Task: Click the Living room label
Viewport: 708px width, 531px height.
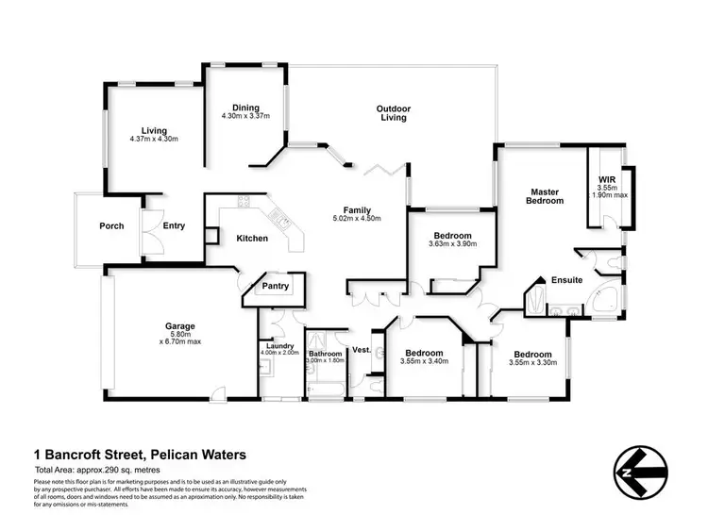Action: [x=154, y=130]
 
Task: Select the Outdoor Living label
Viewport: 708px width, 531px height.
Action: [x=394, y=112]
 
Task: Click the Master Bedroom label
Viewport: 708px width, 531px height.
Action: [x=545, y=195]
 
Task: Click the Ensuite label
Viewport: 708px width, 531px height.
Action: [x=567, y=280]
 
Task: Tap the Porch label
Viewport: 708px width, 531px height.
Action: [x=112, y=226]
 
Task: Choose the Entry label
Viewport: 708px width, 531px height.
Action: [x=174, y=226]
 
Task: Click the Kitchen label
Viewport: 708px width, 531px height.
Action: [x=251, y=238]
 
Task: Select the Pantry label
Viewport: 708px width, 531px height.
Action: [x=276, y=286]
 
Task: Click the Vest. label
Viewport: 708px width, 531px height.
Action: [x=362, y=350]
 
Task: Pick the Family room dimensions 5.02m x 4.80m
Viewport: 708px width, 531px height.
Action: [x=357, y=218]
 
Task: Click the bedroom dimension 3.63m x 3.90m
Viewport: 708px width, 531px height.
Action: [x=452, y=244]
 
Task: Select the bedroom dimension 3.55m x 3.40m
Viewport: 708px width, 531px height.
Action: [x=424, y=360]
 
